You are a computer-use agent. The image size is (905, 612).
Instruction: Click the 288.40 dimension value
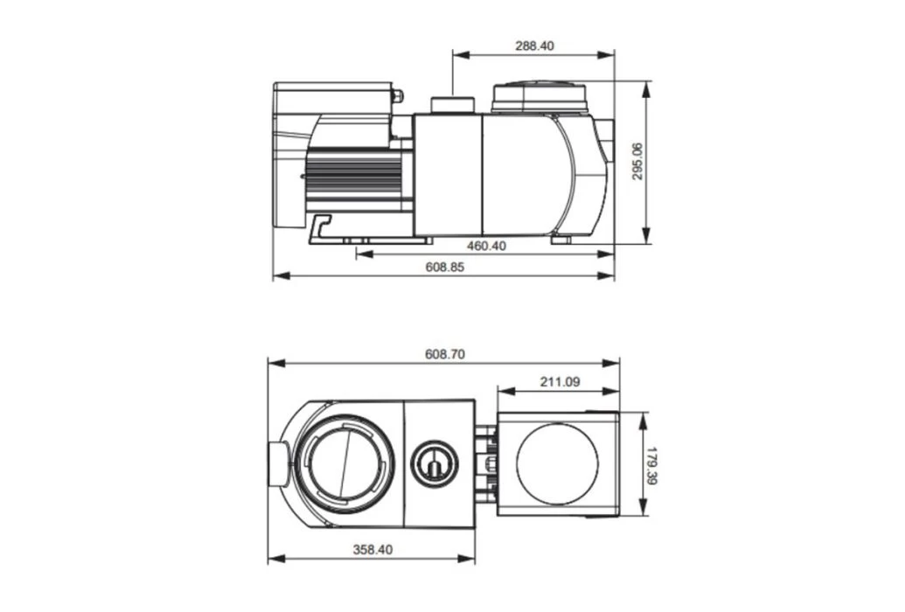(534, 45)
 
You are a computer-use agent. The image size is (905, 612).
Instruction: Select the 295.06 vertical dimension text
(637, 162)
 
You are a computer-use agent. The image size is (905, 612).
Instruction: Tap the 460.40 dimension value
(486, 246)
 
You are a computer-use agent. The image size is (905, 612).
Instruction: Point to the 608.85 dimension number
(445, 267)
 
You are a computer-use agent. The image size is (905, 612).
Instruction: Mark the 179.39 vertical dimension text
(651, 465)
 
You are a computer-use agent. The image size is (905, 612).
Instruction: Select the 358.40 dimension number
(373, 550)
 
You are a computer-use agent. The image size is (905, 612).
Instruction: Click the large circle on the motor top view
(558, 464)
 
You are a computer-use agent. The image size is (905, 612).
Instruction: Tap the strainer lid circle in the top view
(343, 463)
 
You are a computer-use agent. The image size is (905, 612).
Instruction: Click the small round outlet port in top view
(434, 463)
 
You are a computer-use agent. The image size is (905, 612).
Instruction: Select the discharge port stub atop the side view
(452, 105)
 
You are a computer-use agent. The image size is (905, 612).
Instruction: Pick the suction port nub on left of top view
(276, 463)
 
